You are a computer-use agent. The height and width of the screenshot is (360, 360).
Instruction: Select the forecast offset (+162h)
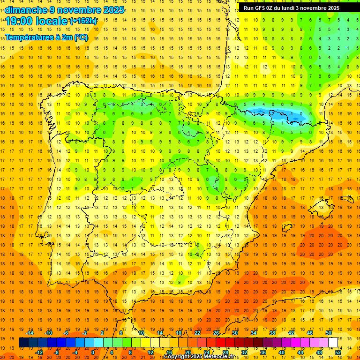point(83,21)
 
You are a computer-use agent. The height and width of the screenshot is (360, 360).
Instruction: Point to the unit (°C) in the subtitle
point(81,37)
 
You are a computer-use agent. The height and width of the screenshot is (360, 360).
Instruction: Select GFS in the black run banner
point(262,8)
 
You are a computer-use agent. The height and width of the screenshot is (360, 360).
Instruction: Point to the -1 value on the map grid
point(291,113)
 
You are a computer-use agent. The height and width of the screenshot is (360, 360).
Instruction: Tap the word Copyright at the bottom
point(176,357)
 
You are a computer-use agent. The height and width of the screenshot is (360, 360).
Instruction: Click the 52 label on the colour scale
point(338,352)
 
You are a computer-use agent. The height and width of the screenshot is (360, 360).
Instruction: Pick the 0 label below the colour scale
point(93,352)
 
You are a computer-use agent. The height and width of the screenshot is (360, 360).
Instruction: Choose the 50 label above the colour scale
point(329,333)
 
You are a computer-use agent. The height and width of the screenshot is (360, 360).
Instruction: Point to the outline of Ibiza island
point(287,228)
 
